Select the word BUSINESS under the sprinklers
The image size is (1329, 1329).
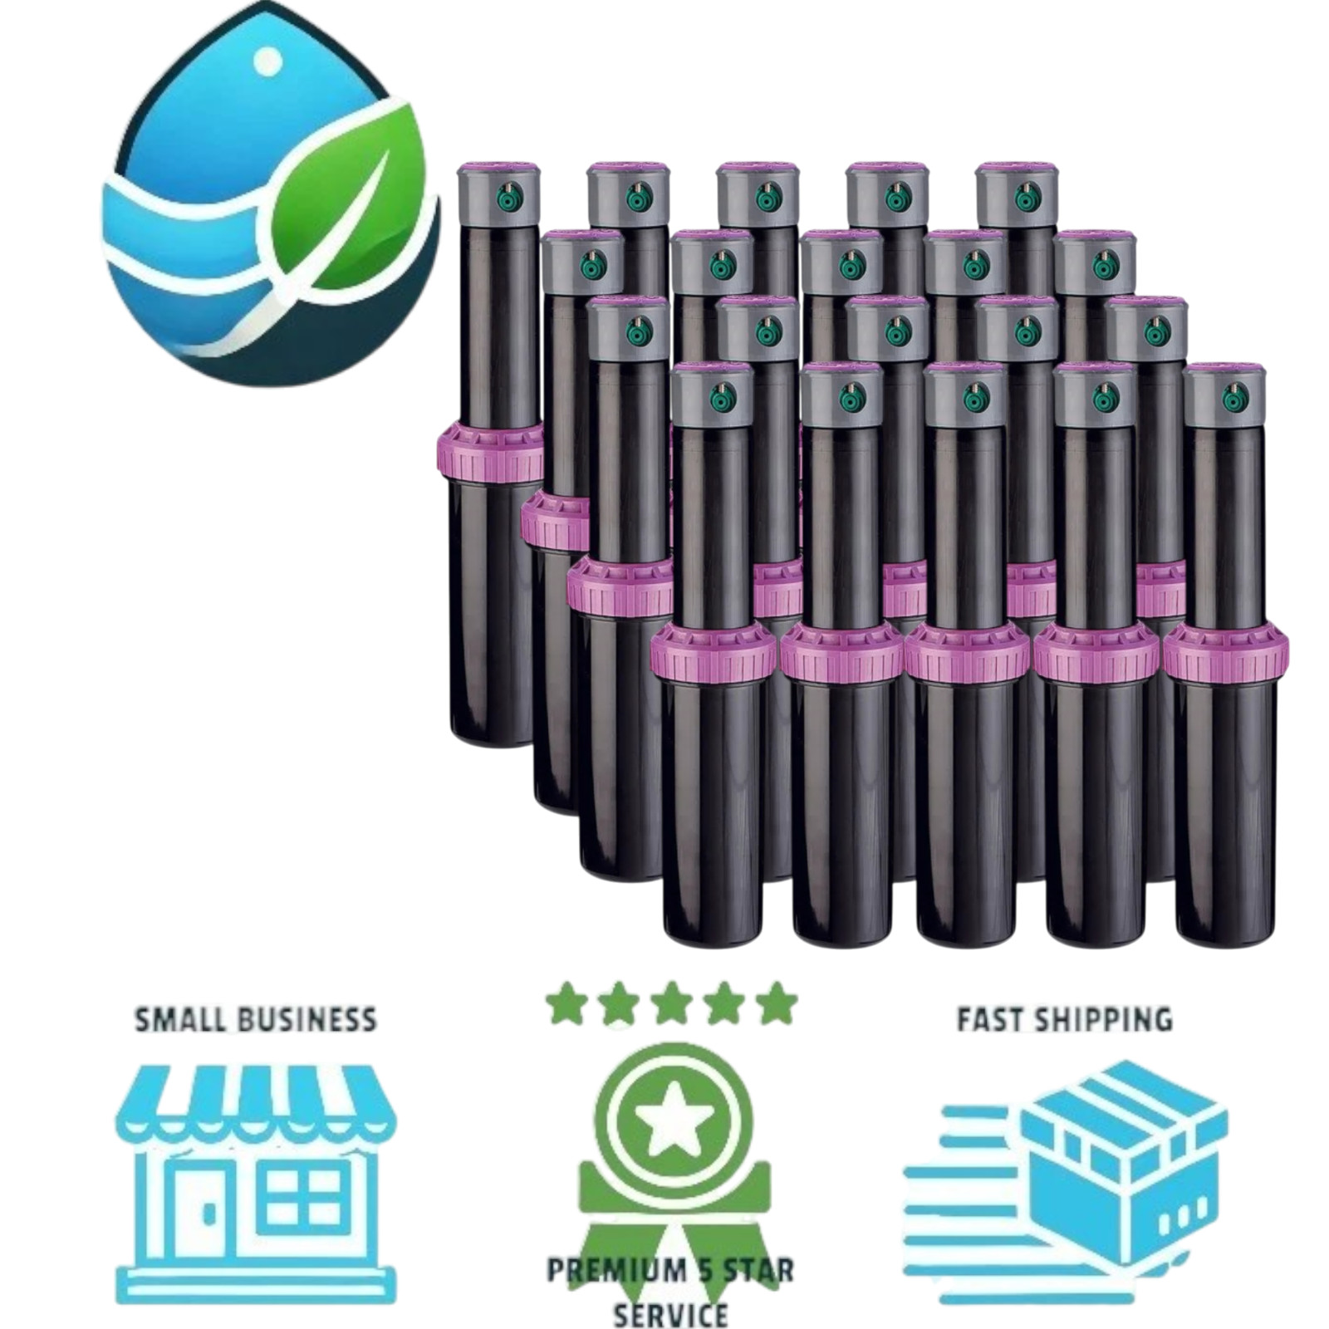click(309, 1020)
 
